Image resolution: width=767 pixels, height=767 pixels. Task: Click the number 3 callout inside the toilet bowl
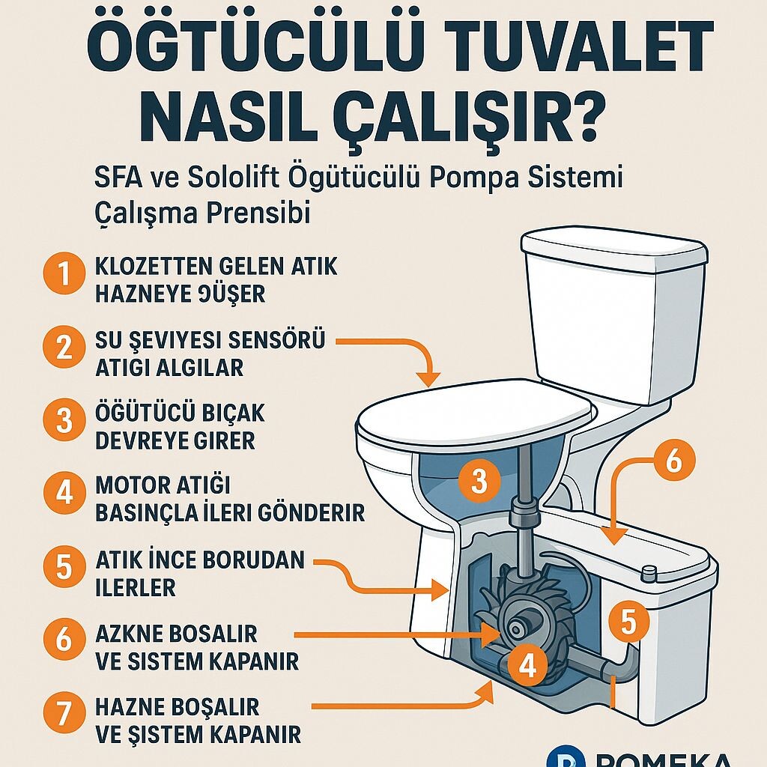479,482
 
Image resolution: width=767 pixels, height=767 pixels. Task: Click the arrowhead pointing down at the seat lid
428,378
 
